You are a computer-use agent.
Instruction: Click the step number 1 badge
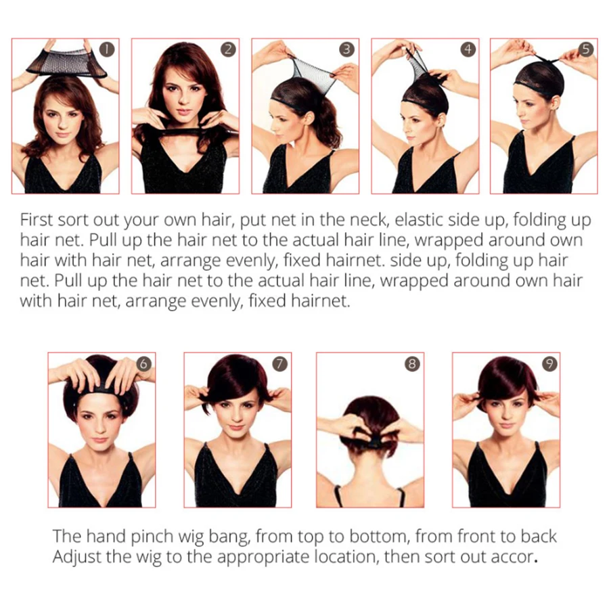[x=107, y=49]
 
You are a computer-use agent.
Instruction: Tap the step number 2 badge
[x=228, y=49]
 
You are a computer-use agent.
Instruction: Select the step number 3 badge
[x=347, y=49]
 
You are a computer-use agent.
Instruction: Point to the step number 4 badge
[x=468, y=49]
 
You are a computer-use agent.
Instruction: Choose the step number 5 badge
[x=586, y=49]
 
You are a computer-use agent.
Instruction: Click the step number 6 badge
[x=143, y=364]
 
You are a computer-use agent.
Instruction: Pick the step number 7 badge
[x=279, y=364]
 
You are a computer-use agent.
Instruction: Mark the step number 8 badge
[x=413, y=364]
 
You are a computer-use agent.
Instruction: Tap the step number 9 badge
[x=549, y=364]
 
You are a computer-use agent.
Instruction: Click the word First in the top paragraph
[x=36, y=220]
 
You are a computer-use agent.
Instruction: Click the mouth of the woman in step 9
[x=505, y=426]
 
